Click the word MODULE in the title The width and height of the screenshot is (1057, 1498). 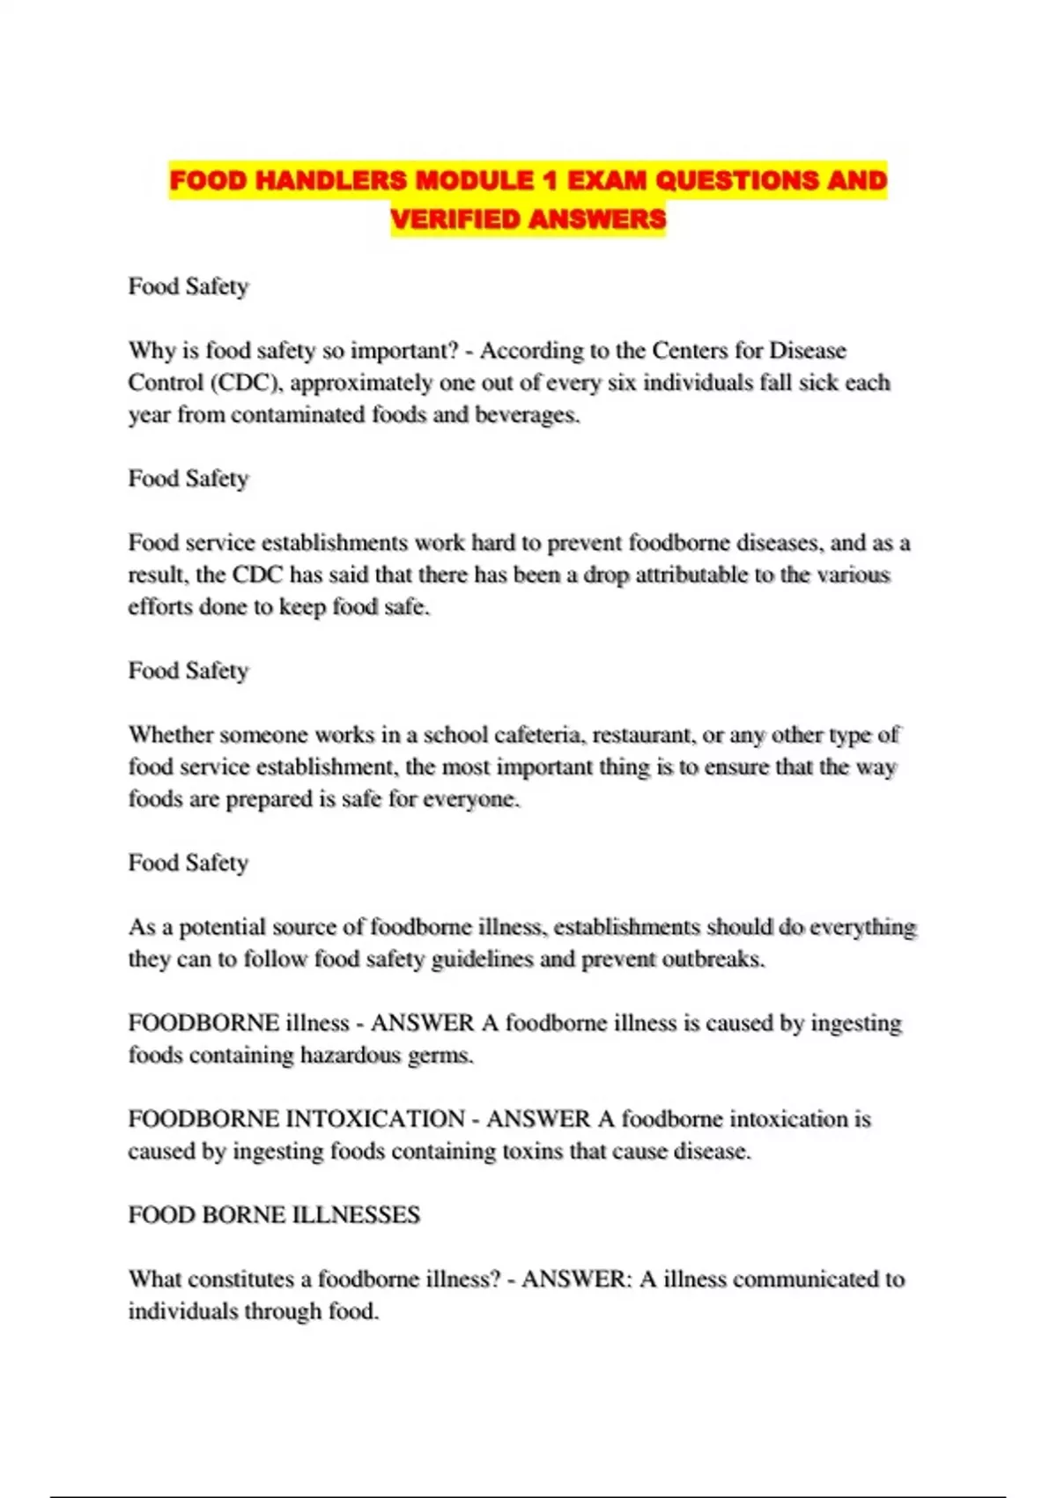pyautogui.click(x=474, y=181)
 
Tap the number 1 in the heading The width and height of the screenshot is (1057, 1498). pyautogui.click(x=551, y=181)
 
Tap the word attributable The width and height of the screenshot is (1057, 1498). pyautogui.click(x=699, y=575)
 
